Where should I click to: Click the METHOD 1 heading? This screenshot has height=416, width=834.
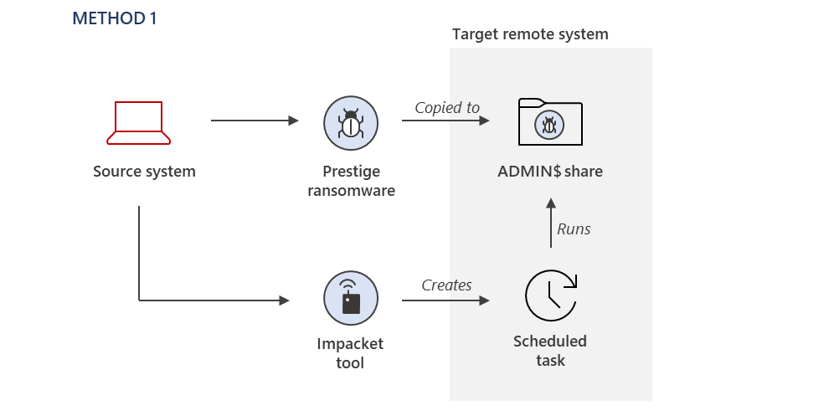coord(115,18)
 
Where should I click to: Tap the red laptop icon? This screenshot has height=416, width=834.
coord(138,123)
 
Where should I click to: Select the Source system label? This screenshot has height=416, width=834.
coord(144,172)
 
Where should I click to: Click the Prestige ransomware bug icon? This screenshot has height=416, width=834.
coord(351,123)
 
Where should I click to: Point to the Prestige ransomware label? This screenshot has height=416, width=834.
coord(351,181)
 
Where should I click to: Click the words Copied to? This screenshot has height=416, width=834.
coord(447,107)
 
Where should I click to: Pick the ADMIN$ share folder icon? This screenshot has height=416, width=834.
coord(550,122)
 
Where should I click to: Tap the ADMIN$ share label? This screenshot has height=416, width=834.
coord(550,172)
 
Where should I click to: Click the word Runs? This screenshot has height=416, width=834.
coord(574,229)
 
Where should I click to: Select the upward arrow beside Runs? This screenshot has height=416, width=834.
coord(551,223)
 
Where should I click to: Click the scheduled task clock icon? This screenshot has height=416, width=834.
coord(551,295)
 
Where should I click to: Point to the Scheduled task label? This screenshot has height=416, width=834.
coord(550,351)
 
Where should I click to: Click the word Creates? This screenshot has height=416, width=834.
coord(446,285)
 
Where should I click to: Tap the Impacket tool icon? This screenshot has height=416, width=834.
coord(351,298)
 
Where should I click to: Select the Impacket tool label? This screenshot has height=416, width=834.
coord(350,353)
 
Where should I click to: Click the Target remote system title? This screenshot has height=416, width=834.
coord(530,34)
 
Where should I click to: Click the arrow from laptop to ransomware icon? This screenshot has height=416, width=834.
coord(255,121)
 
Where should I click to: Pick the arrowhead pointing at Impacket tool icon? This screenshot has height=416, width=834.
coord(285,300)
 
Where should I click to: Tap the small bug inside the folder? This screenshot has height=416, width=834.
coord(549,126)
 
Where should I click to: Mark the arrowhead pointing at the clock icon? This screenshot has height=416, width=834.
coord(484,300)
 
